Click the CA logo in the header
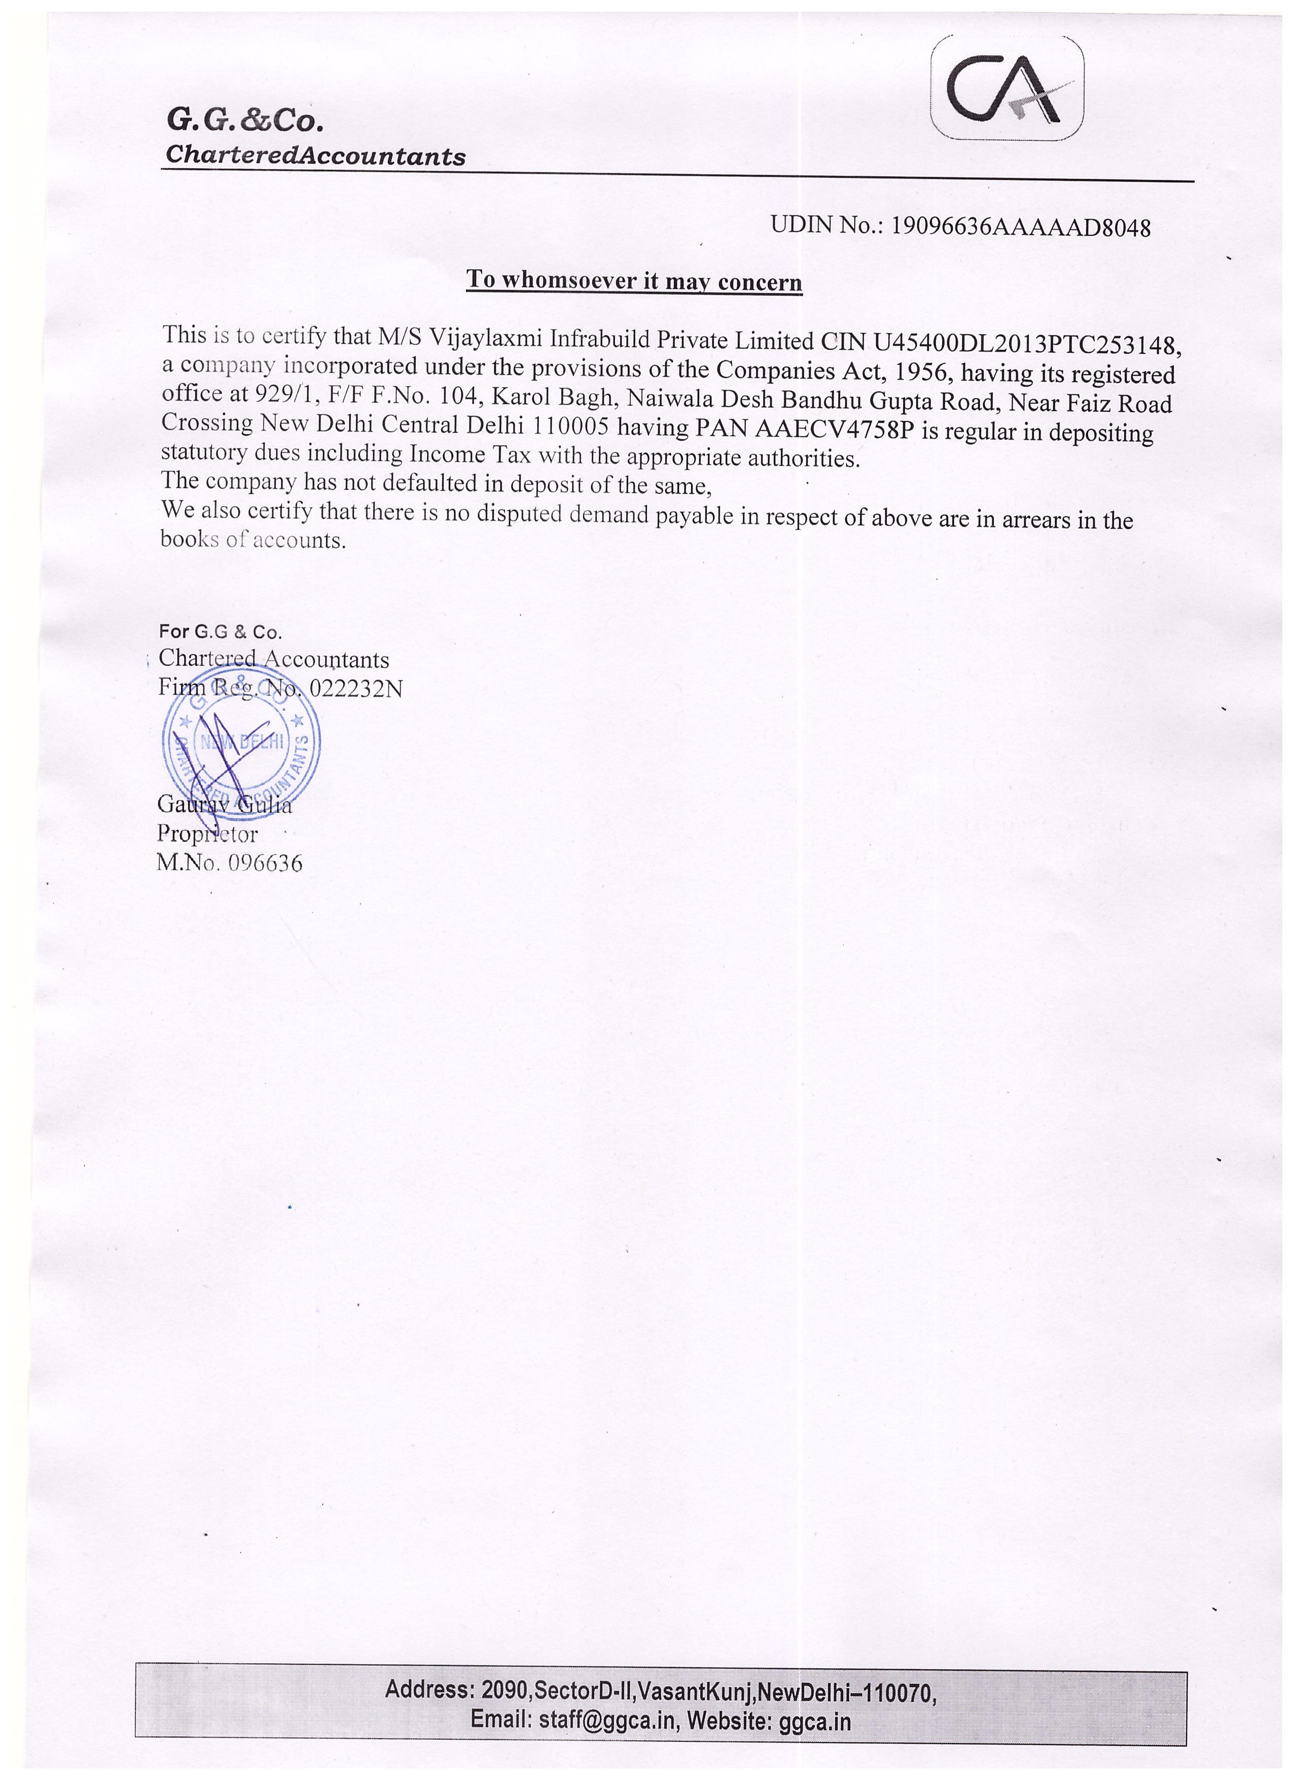(1007, 89)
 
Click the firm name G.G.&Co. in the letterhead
(245, 120)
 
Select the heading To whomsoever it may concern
(634, 280)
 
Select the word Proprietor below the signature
(207, 834)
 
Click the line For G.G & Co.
(221, 632)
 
